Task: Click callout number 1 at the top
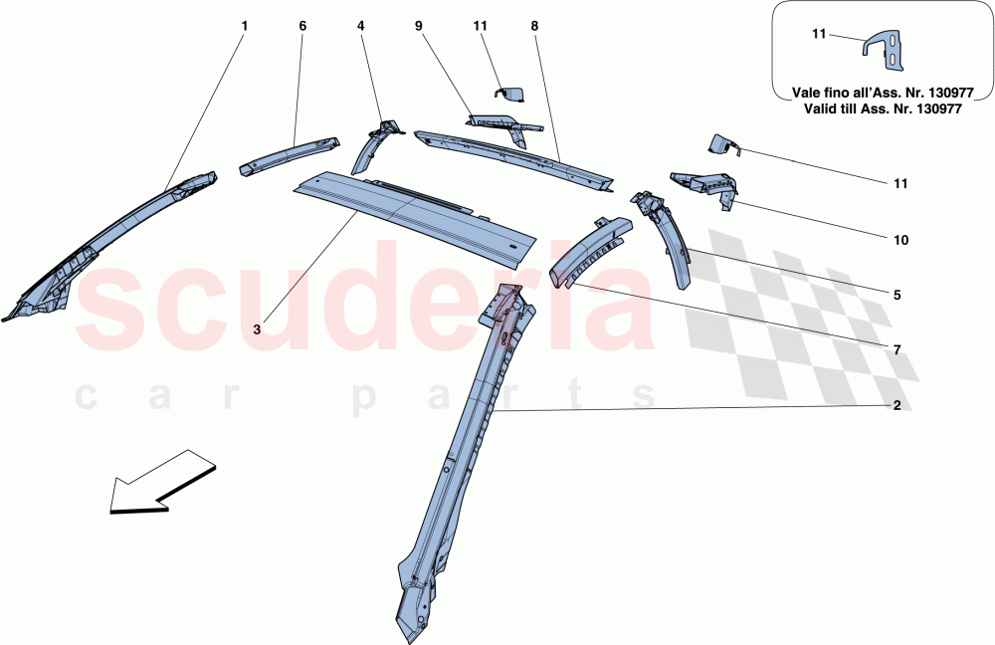pyautogui.click(x=245, y=26)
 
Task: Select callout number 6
pyautogui.click(x=302, y=26)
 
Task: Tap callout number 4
pyautogui.click(x=360, y=26)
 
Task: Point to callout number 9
pyautogui.click(x=418, y=26)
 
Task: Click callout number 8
pyautogui.click(x=534, y=26)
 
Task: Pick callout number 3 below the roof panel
pyautogui.click(x=257, y=329)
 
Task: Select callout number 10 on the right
pyautogui.click(x=900, y=240)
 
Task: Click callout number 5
pyautogui.click(x=896, y=296)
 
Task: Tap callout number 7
pyautogui.click(x=896, y=349)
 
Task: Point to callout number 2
pyautogui.click(x=896, y=405)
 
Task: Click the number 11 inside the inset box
pyautogui.click(x=819, y=33)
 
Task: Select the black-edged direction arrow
pyautogui.click(x=163, y=481)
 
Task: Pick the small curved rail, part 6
pyautogui.click(x=290, y=154)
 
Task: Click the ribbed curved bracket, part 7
pyautogui.click(x=590, y=251)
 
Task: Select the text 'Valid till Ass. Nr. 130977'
pyautogui.click(x=883, y=108)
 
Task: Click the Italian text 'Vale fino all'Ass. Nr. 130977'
pyautogui.click(x=883, y=93)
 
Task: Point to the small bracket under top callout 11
pyautogui.click(x=509, y=94)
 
